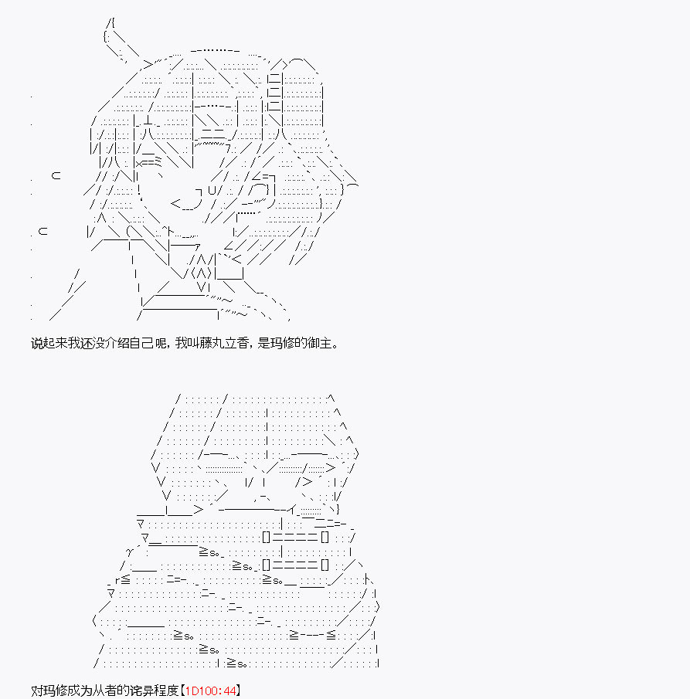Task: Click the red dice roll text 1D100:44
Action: click(x=210, y=691)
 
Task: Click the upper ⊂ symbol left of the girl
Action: click(x=56, y=175)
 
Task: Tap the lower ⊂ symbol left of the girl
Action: click(x=42, y=231)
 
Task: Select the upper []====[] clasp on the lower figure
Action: click(x=295, y=537)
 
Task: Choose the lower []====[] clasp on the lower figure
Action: click(x=295, y=565)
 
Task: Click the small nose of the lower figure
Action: click(x=261, y=495)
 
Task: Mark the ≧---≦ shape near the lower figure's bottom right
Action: click(x=312, y=635)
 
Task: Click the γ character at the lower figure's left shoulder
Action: click(x=131, y=553)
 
